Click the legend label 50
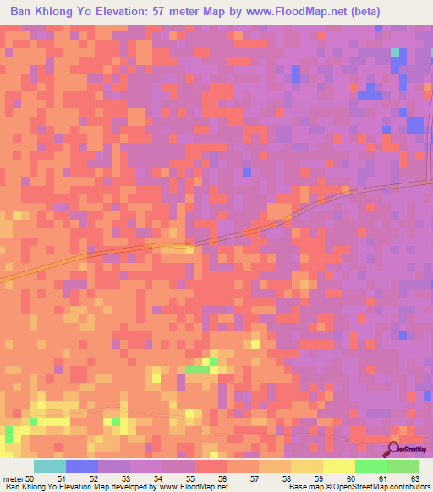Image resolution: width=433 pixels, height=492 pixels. [x=30, y=478]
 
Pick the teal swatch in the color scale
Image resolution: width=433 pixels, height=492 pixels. [x=50, y=466]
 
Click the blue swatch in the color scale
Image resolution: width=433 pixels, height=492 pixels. [x=82, y=466]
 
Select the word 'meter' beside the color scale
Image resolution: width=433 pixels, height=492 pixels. [x=13, y=478]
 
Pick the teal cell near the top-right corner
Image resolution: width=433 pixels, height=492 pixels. [x=395, y=52]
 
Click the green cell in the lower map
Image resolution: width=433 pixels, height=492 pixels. [x=197, y=370]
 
